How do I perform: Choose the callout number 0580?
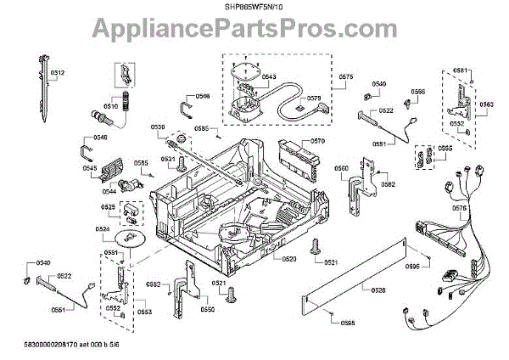coord(341,168)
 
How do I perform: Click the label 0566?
coord(418,91)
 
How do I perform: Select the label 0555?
coord(445,148)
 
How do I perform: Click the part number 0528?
coord(378,290)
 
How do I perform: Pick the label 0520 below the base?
coord(288,257)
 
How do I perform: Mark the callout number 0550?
coord(207,310)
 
